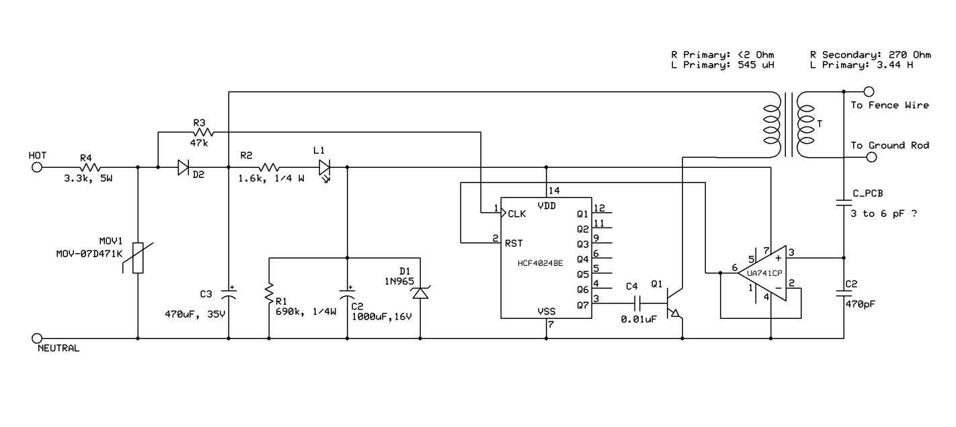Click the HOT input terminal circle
click(x=37, y=167)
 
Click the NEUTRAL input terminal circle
click(x=37, y=338)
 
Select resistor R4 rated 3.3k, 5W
click(x=90, y=167)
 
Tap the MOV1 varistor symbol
click(x=138, y=258)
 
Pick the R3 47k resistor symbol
click(x=202, y=132)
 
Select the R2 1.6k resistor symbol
click(x=268, y=167)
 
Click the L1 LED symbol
click(x=325, y=167)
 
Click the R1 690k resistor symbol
click(x=269, y=293)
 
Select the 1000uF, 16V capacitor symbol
click(x=347, y=293)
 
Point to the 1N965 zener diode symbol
click(x=420, y=293)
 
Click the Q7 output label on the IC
click(x=582, y=304)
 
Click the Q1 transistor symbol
click(x=672, y=303)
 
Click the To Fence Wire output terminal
click(x=869, y=91)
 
